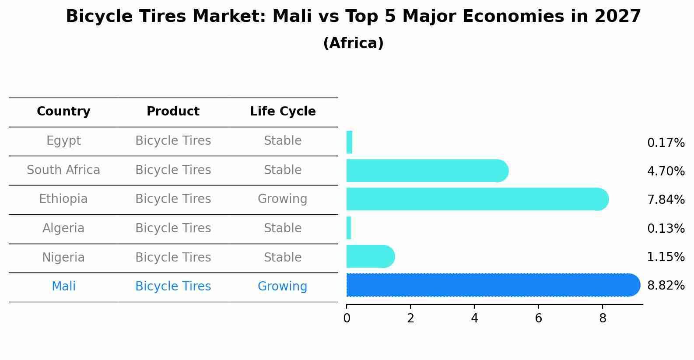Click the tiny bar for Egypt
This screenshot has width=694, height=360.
pos(349,142)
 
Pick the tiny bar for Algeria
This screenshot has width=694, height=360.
pos(349,228)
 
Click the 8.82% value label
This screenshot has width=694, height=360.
pos(666,286)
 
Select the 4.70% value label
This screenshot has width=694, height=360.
pos(666,171)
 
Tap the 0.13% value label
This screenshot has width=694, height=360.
pos(666,228)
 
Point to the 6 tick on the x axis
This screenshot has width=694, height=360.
pos(538,318)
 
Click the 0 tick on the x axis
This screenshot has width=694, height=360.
pos(347,318)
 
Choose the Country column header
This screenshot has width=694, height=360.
pos(63,112)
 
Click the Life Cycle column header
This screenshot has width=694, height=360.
pos(283,112)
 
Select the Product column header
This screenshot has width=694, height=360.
pos(173,112)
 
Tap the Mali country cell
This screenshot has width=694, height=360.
pos(63,287)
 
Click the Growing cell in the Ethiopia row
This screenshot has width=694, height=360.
pos(282,199)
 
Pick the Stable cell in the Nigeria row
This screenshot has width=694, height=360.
pos(282,257)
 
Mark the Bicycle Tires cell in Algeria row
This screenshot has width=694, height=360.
pos(173,228)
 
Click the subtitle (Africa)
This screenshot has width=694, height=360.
pos(353,43)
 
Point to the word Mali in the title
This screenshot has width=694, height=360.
pos(287,17)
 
